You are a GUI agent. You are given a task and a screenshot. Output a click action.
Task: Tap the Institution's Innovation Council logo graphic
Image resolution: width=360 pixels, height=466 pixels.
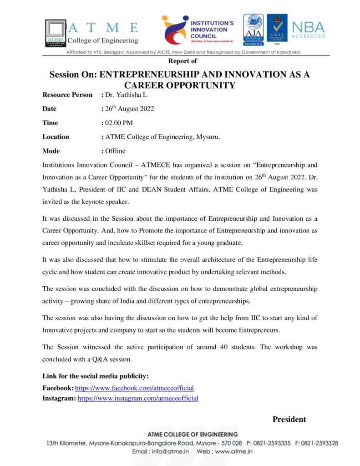coord(175,30)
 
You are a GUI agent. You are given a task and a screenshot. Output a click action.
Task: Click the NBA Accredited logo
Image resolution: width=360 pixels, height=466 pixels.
coord(308,30)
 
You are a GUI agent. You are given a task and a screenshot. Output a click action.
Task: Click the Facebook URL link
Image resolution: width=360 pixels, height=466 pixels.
coord(134,388)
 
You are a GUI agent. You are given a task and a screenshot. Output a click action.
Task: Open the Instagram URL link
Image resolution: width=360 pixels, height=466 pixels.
coord(138,398)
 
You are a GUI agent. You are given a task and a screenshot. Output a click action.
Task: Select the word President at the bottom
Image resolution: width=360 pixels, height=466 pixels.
coord(289,419)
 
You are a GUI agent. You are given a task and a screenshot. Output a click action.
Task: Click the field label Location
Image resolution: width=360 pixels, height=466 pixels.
coord(56,137)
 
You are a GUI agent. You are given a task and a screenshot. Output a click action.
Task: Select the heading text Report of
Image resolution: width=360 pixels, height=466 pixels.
coord(183,61)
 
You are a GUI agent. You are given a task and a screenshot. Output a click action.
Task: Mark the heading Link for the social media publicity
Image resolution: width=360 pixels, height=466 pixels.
coord(96,376)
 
